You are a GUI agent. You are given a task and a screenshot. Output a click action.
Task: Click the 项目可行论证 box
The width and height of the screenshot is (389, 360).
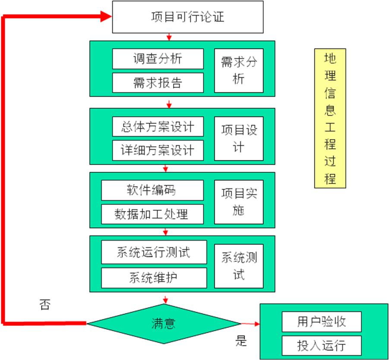[x=188, y=17]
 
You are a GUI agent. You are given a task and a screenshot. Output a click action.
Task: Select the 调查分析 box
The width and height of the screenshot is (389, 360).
[x=158, y=59]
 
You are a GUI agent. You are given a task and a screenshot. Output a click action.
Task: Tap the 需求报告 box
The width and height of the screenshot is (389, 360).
[x=158, y=83]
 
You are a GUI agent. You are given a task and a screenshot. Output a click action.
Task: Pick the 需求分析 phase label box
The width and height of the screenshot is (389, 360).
[x=239, y=70]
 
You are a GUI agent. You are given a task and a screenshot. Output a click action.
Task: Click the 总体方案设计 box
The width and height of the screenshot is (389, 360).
[x=158, y=127]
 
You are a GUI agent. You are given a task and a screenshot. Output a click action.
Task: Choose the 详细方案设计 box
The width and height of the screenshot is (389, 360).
[x=158, y=150]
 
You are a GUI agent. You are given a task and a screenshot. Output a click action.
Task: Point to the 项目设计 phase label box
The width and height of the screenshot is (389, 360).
[x=239, y=138]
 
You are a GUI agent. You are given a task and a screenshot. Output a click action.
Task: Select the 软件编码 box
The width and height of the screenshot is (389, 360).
[x=152, y=190]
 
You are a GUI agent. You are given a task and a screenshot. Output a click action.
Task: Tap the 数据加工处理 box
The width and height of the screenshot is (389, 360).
[x=152, y=214]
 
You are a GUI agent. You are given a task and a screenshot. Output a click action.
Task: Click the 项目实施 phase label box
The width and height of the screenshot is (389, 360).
[x=239, y=201]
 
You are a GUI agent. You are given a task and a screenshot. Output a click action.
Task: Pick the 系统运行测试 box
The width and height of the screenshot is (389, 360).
[x=154, y=252]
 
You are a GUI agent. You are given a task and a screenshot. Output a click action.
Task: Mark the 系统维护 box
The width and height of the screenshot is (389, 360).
[x=154, y=277]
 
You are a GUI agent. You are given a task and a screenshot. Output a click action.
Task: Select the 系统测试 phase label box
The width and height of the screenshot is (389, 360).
[x=239, y=265]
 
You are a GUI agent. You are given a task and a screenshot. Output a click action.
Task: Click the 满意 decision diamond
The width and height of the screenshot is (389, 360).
[x=164, y=323]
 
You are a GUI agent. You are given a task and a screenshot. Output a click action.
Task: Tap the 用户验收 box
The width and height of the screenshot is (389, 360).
[x=322, y=322]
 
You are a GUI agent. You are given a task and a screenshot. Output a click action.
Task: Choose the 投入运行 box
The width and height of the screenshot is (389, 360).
[x=322, y=346]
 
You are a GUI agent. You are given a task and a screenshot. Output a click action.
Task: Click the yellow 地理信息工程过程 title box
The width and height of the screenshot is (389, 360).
[x=330, y=119]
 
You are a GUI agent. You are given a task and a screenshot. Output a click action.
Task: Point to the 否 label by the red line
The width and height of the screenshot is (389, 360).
[x=44, y=306]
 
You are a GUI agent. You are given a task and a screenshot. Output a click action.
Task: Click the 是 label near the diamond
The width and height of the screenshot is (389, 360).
[x=241, y=341]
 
